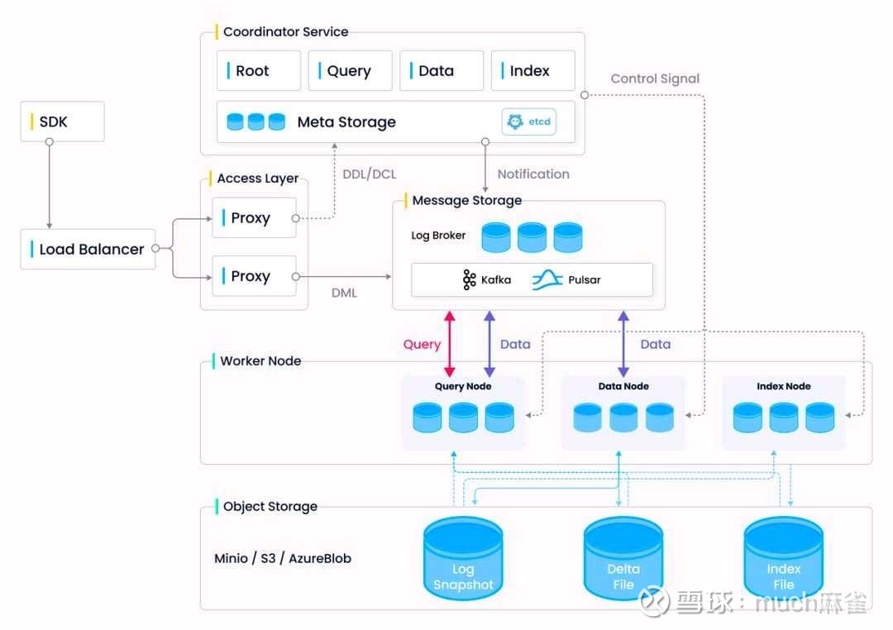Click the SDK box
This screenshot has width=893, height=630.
click(x=62, y=122)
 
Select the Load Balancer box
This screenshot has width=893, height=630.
click(x=88, y=249)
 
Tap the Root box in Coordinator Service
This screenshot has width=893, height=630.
click(x=259, y=71)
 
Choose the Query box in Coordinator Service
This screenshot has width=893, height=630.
click(x=350, y=71)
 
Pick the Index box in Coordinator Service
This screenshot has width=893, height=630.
click(x=532, y=71)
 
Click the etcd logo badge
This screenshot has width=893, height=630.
click(x=529, y=122)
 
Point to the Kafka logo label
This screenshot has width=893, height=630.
click(x=487, y=279)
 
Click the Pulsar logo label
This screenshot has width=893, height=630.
click(x=566, y=279)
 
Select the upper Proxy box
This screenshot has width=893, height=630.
click(x=254, y=218)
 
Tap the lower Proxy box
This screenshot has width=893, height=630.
click(x=254, y=276)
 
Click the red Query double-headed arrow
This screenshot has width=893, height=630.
click(x=450, y=344)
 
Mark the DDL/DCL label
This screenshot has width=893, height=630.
click(x=369, y=174)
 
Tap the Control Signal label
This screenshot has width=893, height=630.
click(x=655, y=79)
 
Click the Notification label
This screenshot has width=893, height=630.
click(x=533, y=174)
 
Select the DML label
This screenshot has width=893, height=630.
click(x=344, y=293)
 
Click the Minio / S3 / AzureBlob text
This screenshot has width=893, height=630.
click(x=283, y=558)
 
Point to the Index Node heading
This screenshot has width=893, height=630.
click(x=784, y=386)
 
